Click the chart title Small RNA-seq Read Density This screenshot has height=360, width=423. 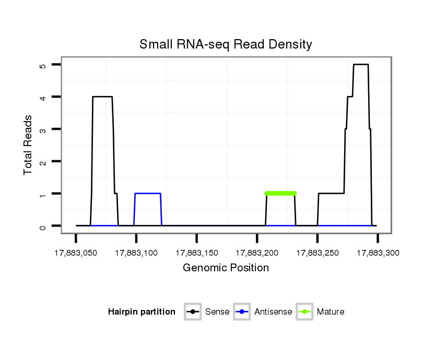[226, 45]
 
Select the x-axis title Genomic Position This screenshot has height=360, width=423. [226, 268]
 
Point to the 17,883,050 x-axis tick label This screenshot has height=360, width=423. [76, 253]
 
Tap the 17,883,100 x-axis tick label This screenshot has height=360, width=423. [136, 253]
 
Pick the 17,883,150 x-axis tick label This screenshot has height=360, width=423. [196, 253]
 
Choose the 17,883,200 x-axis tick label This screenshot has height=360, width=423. [257, 253]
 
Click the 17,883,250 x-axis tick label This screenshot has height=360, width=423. [318, 253]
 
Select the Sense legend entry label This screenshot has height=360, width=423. [217, 312]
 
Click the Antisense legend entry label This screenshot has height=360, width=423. [273, 312]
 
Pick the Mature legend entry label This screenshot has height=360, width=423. [331, 312]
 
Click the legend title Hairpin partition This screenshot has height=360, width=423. [142, 312]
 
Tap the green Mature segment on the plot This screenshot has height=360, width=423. [280, 194]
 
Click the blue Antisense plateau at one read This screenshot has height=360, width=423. [147, 194]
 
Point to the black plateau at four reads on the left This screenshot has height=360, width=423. [102, 97]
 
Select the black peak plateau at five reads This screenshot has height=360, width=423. [361, 65]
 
